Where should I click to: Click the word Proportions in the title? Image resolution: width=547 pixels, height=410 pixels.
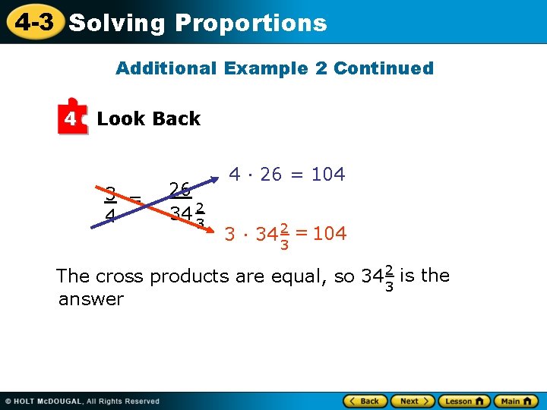coord(251,24)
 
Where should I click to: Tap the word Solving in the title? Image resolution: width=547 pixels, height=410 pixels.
coord(116,24)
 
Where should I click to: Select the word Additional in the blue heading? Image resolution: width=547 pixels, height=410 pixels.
coord(166,68)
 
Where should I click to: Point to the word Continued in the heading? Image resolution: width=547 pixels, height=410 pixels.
coord(384,68)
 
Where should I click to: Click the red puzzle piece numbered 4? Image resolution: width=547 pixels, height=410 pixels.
coord(71,118)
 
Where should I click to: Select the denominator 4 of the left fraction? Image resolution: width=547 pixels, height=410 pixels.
coord(110,216)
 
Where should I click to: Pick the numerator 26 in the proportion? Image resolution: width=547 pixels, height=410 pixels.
coord(180,189)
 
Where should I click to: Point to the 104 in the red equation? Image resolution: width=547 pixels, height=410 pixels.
coord(329,234)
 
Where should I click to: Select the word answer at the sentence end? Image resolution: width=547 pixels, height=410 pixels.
coord(90,299)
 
